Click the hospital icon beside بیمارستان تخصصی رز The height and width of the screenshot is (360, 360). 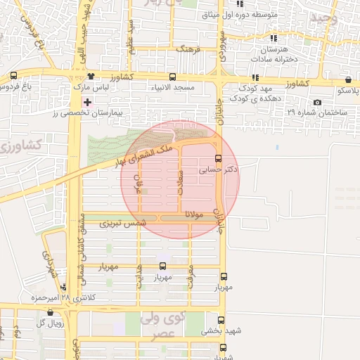coord(86,103)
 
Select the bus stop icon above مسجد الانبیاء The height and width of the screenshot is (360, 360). coord(172,77)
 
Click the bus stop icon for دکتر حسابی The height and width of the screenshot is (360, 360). coord(218,158)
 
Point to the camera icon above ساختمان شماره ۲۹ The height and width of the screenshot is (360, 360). coord(318,103)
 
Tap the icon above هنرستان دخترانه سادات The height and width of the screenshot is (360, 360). coord(274,38)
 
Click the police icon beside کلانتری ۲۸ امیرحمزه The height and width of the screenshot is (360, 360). coord(64,287)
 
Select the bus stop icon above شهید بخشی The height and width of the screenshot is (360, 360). coord(224,318)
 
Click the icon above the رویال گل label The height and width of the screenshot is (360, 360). coord(49,312)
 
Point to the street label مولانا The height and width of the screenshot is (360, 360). coord(194,213)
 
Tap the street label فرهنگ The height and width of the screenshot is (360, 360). coord(188,51)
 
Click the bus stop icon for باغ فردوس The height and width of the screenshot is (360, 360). coord(13,76)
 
